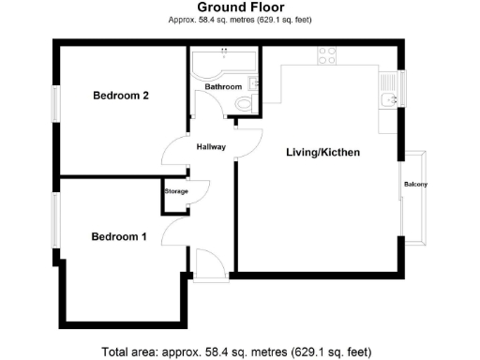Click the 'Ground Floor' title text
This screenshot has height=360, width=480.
tap(239, 7)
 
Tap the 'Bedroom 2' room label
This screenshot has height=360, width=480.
tap(120, 96)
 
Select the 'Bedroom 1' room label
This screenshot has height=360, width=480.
tap(118, 237)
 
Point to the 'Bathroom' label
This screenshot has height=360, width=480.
tap(223, 87)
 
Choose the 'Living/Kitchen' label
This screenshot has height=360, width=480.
tap(323, 152)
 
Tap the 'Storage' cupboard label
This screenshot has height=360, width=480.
tap(176, 191)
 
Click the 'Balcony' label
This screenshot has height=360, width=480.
tap(415, 184)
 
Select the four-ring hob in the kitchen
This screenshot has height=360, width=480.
tap(327, 54)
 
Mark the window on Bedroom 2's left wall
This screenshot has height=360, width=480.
tap(55, 103)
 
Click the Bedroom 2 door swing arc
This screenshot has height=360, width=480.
tap(175, 148)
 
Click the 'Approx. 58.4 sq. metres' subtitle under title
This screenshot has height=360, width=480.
tap(239, 19)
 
